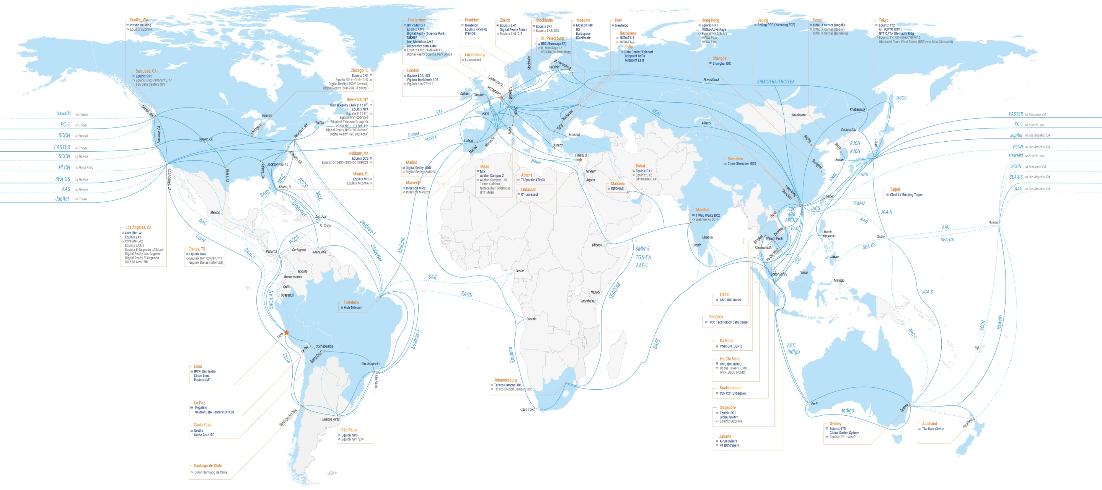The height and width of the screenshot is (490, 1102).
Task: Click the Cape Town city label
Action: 528,410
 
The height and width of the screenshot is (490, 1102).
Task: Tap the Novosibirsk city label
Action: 711,80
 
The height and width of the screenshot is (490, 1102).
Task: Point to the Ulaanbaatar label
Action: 798,115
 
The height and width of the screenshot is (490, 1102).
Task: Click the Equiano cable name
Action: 511,355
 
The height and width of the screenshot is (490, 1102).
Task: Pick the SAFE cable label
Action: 656,344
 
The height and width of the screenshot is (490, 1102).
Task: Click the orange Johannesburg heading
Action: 505,380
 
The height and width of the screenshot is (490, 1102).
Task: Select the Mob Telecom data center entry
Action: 353,308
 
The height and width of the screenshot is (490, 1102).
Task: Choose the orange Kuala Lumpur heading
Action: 730,388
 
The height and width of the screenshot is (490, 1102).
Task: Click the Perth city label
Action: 815,403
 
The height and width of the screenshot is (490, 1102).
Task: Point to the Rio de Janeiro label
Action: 370,364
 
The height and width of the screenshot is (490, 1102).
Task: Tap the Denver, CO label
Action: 206,139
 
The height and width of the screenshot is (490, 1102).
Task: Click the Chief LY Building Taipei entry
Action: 906,195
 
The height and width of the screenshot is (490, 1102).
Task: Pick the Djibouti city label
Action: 597,245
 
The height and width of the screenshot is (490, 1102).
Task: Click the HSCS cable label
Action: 901,98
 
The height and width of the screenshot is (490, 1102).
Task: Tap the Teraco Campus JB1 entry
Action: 507,385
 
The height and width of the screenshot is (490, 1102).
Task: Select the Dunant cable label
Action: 413,134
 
